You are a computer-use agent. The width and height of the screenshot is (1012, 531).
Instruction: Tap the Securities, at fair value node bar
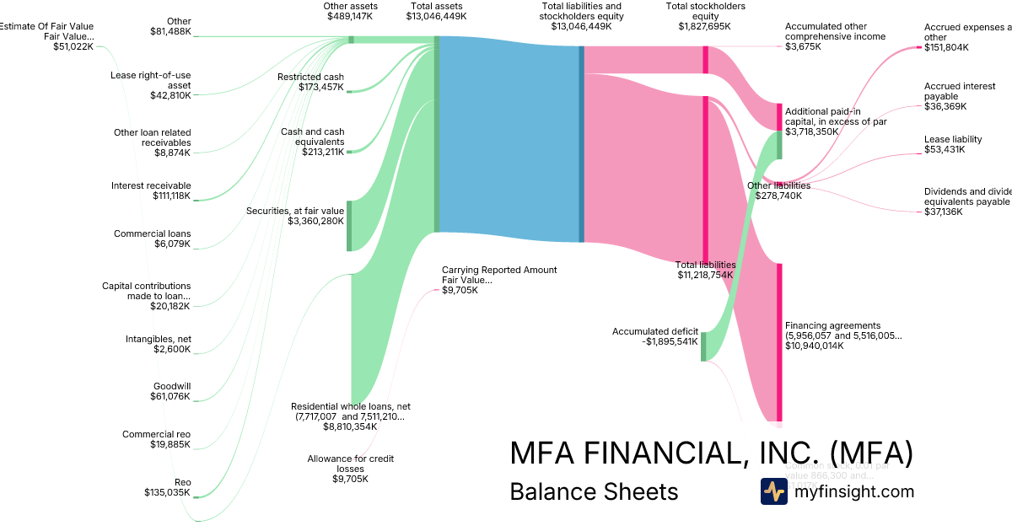coord(349,225)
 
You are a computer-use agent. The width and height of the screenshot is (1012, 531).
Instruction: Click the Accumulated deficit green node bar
coord(703,346)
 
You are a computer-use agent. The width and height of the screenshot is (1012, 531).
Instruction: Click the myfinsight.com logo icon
coord(773,491)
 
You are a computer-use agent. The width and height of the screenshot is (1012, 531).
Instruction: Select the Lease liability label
coord(953,139)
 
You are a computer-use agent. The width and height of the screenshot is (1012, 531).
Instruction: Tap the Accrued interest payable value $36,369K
coord(945,106)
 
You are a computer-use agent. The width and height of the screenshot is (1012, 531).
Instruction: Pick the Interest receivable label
coord(153,185)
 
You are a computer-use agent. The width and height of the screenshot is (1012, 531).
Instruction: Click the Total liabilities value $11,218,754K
coord(705,275)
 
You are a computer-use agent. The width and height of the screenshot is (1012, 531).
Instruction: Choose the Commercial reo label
coord(156,434)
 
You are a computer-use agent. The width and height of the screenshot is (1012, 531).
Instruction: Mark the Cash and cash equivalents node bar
coord(349,152)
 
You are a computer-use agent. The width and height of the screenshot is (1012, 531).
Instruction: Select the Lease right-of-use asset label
coord(151,80)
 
